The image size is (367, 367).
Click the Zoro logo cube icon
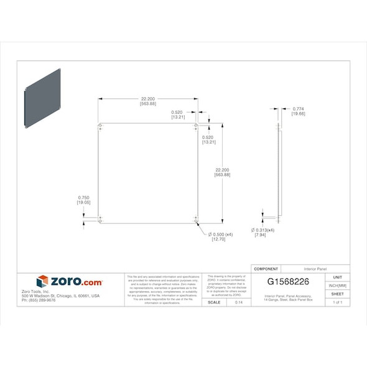(x=42, y=281)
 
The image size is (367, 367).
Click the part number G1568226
(x=288, y=282)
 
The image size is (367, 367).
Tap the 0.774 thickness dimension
(x=298, y=109)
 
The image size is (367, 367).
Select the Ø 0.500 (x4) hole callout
(x=221, y=234)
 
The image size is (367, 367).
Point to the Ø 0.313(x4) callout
(x=262, y=230)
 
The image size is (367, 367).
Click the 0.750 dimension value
(x=84, y=197)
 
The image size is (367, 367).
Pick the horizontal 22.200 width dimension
(x=148, y=99)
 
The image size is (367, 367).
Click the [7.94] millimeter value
(x=261, y=235)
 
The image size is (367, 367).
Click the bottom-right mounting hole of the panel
(x=195, y=220)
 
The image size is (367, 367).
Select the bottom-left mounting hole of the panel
(x=101, y=219)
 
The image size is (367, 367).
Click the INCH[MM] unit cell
(x=337, y=285)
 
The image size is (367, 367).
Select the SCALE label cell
(x=214, y=302)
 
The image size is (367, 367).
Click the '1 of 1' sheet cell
(x=337, y=302)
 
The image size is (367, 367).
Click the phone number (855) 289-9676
(x=39, y=300)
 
